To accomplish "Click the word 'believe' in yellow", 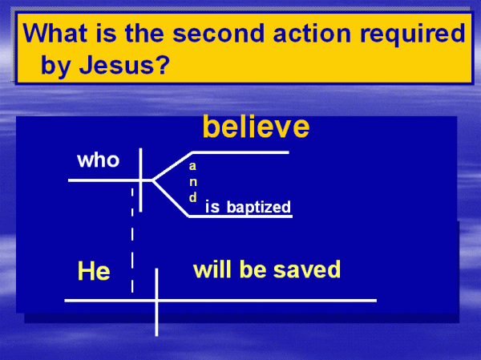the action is pyautogui.click(x=257, y=127).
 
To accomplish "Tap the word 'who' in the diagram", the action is pyautogui.click(x=98, y=160).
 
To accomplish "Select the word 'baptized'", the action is pyautogui.click(x=259, y=207).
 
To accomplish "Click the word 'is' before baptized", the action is pyautogui.click(x=212, y=207).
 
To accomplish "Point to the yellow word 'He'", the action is pyautogui.click(x=94, y=271).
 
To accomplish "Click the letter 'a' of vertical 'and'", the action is pyautogui.click(x=192, y=166).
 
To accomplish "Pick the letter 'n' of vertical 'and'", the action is pyautogui.click(x=193, y=182).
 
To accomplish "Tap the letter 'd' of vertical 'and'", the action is pyautogui.click(x=192, y=197).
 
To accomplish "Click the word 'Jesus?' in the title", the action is pyautogui.click(x=124, y=64).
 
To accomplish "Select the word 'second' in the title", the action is pyautogui.click(x=218, y=33).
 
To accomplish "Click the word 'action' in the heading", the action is pyautogui.click(x=312, y=33).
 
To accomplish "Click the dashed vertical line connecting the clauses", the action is pyautogui.click(x=132, y=241).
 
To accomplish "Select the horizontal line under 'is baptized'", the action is pyautogui.click(x=240, y=216).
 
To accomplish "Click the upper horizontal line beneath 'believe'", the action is pyautogui.click(x=240, y=152).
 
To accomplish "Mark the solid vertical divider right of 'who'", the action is pyautogui.click(x=140, y=180).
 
